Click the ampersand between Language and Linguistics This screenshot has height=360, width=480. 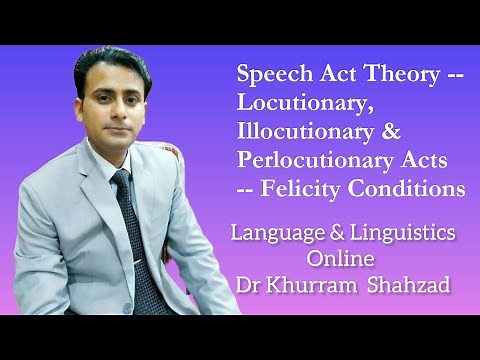click(x=332, y=233)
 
